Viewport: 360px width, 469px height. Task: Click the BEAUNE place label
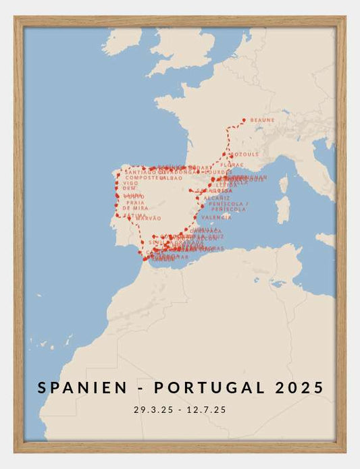263,120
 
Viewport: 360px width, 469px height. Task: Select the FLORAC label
232,164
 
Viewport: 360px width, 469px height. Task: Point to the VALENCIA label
216,217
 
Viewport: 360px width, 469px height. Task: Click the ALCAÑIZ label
217,198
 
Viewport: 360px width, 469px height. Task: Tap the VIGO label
131,183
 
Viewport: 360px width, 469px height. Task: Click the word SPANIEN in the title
82,387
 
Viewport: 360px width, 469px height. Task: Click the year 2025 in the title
300,387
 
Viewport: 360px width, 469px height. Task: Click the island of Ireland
123,40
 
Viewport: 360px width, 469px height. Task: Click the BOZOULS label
246,155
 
